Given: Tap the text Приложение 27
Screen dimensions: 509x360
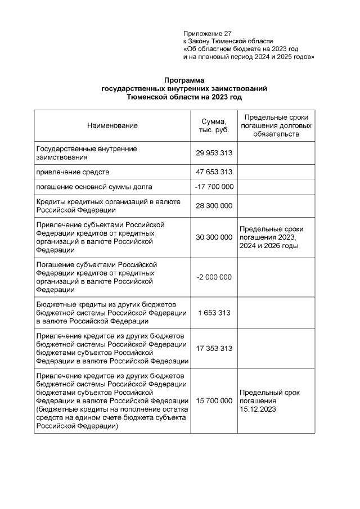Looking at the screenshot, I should (x=207, y=34).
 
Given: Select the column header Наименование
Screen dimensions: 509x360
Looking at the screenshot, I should (x=112, y=125).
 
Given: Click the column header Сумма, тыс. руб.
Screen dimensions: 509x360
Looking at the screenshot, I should (x=214, y=125).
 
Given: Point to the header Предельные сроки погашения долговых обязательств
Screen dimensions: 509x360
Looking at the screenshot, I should (x=276, y=125).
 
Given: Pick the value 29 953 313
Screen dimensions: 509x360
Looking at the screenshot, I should (x=214, y=153).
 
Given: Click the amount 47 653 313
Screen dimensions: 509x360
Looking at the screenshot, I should (x=214, y=172).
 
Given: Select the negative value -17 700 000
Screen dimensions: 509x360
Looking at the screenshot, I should (x=214, y=187).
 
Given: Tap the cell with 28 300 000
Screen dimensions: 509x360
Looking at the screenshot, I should (x=214, y=206).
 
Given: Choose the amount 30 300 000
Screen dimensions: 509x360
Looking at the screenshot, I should (x=214, y=237).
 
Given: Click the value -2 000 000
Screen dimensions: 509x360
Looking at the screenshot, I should (x=214, y=277).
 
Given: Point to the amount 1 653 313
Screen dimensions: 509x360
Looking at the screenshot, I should (x=214, y=313).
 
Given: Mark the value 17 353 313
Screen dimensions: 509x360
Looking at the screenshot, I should (x=214, y=349).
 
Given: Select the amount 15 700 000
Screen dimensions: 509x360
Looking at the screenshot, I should (x=214, y=401).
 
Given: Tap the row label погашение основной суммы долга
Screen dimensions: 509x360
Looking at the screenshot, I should (x=94, y=187).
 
